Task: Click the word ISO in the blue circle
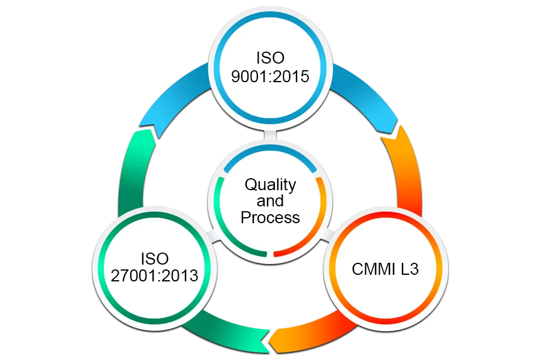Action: pyautogui.click(x=270, y=59)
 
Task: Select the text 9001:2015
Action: pyautogui.click(x=270, y=78)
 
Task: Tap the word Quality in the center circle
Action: pyautogui.click(x=270, y=184)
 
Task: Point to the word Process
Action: pyautogui.click(x=270, y=217)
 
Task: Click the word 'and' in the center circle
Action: pyautogui.click(x=270, y=200)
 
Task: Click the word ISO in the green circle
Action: pyautogui.click(x=155, y=259)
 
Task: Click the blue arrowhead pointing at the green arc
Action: pyautogui.click(x=148, y=131)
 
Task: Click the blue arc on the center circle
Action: pyautogui.click(x=270, y=154)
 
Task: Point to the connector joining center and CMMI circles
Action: pyautogui.click(x=326, y=237)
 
